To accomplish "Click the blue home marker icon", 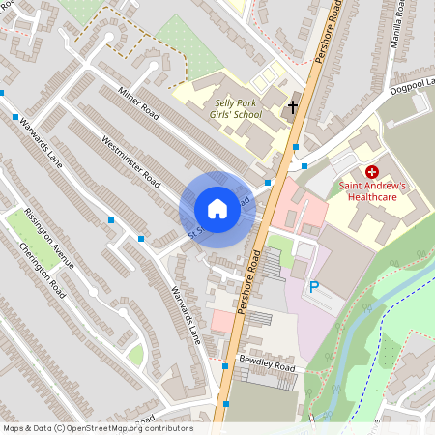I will click(217, 209).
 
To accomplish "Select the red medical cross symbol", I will click(371, 171).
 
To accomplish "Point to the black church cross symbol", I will click(293, 107).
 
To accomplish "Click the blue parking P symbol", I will click(313, 287).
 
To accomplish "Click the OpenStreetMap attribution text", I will click(97, 428).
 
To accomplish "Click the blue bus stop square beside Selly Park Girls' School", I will click(296, 147).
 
